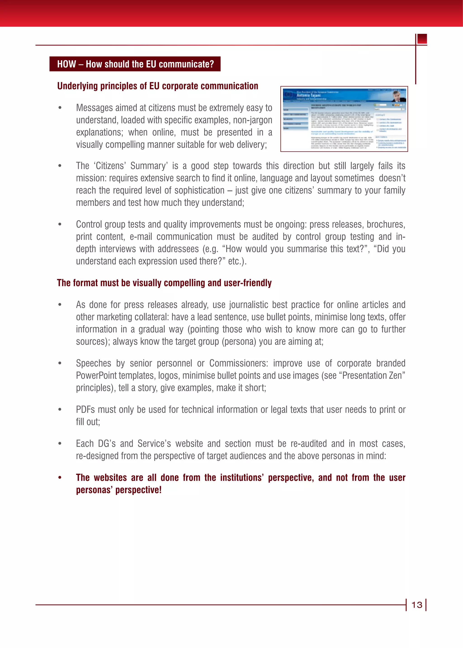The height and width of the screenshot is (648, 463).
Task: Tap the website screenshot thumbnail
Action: [344, 119]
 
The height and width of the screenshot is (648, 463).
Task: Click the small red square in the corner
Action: [422, 39]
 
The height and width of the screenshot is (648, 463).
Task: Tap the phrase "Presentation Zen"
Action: [373, 376]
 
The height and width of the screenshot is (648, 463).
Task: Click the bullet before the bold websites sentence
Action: [60, 478]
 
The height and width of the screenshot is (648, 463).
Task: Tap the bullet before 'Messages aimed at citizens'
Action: [60, 108]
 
